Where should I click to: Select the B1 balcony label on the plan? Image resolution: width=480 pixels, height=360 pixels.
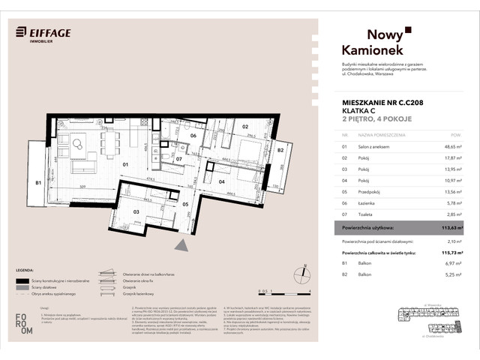pos(37,181)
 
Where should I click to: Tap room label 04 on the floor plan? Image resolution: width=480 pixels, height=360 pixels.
pos(222,181)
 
